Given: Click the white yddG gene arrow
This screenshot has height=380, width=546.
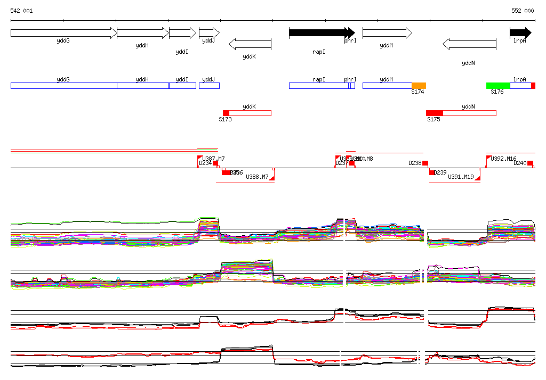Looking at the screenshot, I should pos(63,33).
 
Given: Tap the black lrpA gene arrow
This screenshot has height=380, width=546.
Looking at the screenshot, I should pos(520,33).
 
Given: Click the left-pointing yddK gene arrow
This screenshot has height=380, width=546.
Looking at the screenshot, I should pos(250,44).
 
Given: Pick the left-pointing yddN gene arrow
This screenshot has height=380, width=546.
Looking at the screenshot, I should pos(469,44).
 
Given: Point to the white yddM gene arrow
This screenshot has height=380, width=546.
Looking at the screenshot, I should pos(387,33).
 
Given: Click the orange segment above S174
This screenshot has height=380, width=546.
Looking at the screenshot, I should pos(419,86).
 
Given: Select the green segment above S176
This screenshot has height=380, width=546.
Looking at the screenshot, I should pos(498,86).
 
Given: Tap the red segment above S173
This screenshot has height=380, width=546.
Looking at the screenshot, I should pos(226,113).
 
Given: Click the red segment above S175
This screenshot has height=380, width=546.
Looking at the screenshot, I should pos(435,113).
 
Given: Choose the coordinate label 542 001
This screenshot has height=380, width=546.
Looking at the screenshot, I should pos(21,11).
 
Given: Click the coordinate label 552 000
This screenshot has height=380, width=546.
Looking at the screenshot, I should pos(523,11).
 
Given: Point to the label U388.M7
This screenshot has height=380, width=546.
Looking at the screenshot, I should pos(257,177).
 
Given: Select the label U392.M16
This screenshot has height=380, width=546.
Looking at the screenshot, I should pos(504,159).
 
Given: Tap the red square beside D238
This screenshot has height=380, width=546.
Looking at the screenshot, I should pos(425,163).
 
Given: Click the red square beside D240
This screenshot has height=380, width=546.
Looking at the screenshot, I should pos(530,163).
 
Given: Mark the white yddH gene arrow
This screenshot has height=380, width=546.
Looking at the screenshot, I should pos(142,33).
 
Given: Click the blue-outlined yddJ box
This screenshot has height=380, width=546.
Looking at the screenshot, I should pos(209,86).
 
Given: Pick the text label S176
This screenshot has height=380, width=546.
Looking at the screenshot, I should pos(497,92).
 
